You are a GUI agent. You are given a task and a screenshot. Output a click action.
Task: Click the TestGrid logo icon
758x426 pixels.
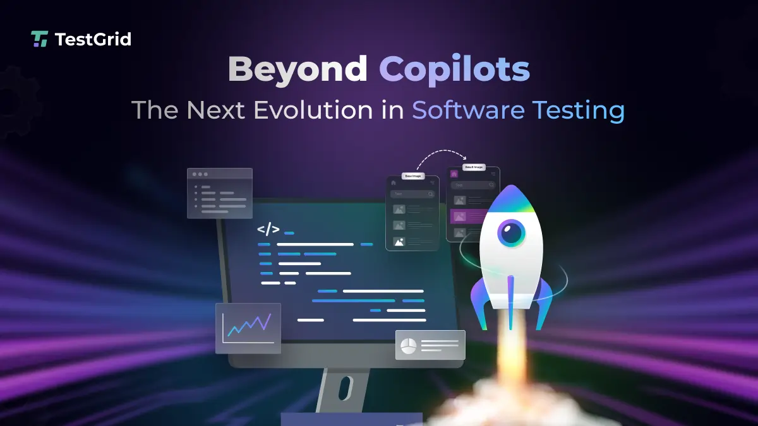[39, 39]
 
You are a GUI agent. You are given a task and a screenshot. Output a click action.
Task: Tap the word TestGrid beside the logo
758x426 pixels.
[93, 39]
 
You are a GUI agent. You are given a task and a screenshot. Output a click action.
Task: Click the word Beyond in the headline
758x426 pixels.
[298, 69]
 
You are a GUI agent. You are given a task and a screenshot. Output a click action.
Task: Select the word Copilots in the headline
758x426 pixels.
[454, 69]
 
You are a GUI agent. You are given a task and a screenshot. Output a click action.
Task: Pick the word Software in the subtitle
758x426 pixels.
[468, 110]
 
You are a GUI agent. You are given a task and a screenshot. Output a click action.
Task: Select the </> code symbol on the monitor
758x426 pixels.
[268, 229]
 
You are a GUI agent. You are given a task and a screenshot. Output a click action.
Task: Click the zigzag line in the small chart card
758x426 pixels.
[249, 324]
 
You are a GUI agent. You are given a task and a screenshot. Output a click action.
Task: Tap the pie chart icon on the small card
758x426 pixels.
[408, 346]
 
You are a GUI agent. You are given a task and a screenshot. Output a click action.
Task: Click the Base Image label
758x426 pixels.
[413, 176]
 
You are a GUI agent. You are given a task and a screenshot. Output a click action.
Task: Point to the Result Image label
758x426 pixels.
[474, 167]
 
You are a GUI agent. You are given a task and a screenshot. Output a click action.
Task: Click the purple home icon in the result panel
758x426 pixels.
[454, 172]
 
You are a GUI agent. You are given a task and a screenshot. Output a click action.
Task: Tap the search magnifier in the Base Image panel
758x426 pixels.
[430, 194]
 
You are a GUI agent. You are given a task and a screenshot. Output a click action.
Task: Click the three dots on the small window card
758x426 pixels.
[200, 174]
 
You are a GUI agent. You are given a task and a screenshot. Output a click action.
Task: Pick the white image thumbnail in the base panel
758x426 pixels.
[399, 241]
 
